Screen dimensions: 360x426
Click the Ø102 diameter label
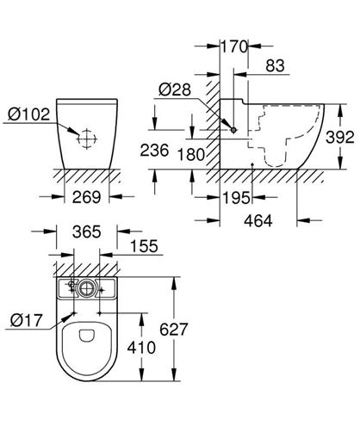click(28, 114)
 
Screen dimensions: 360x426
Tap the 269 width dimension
click(86, 197)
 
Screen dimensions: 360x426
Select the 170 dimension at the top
click(234, 46)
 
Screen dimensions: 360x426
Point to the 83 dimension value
click(275, 65)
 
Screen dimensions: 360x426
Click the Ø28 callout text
click(175, 90)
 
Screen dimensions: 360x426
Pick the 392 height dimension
click(340, 137)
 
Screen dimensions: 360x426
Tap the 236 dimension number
click(154, 151)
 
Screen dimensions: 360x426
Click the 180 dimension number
click(190, 155)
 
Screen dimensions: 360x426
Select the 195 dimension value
click(236, 198)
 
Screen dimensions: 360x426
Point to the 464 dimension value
click(258, 221)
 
